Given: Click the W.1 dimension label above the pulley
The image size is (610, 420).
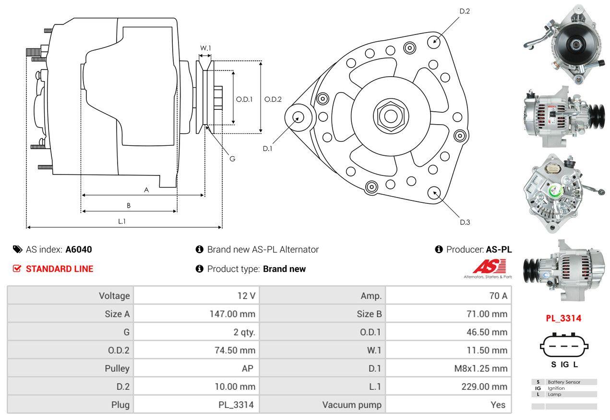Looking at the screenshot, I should (x=205, y=48).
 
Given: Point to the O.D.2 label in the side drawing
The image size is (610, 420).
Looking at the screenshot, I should (x=273, y=99).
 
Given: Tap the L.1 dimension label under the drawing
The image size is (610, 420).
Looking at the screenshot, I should (x=122, y=221).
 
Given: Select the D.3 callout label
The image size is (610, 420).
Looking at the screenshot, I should (x=465, y=222).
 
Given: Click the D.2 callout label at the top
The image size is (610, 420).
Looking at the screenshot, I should (x=465, y=11).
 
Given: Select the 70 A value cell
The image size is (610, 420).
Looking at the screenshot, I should (x=498, y=296).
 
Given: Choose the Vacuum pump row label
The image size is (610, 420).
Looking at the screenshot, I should (x=352, y=405).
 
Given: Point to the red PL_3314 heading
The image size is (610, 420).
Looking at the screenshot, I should (x=563, y=318).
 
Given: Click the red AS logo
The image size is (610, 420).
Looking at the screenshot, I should (x=490, y=266).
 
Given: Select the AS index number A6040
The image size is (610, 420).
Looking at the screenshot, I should (x=79, y=249).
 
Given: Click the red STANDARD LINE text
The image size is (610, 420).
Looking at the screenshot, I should (x=60, y=269).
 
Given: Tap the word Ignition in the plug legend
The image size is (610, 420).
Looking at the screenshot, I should (x=556, y=388).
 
